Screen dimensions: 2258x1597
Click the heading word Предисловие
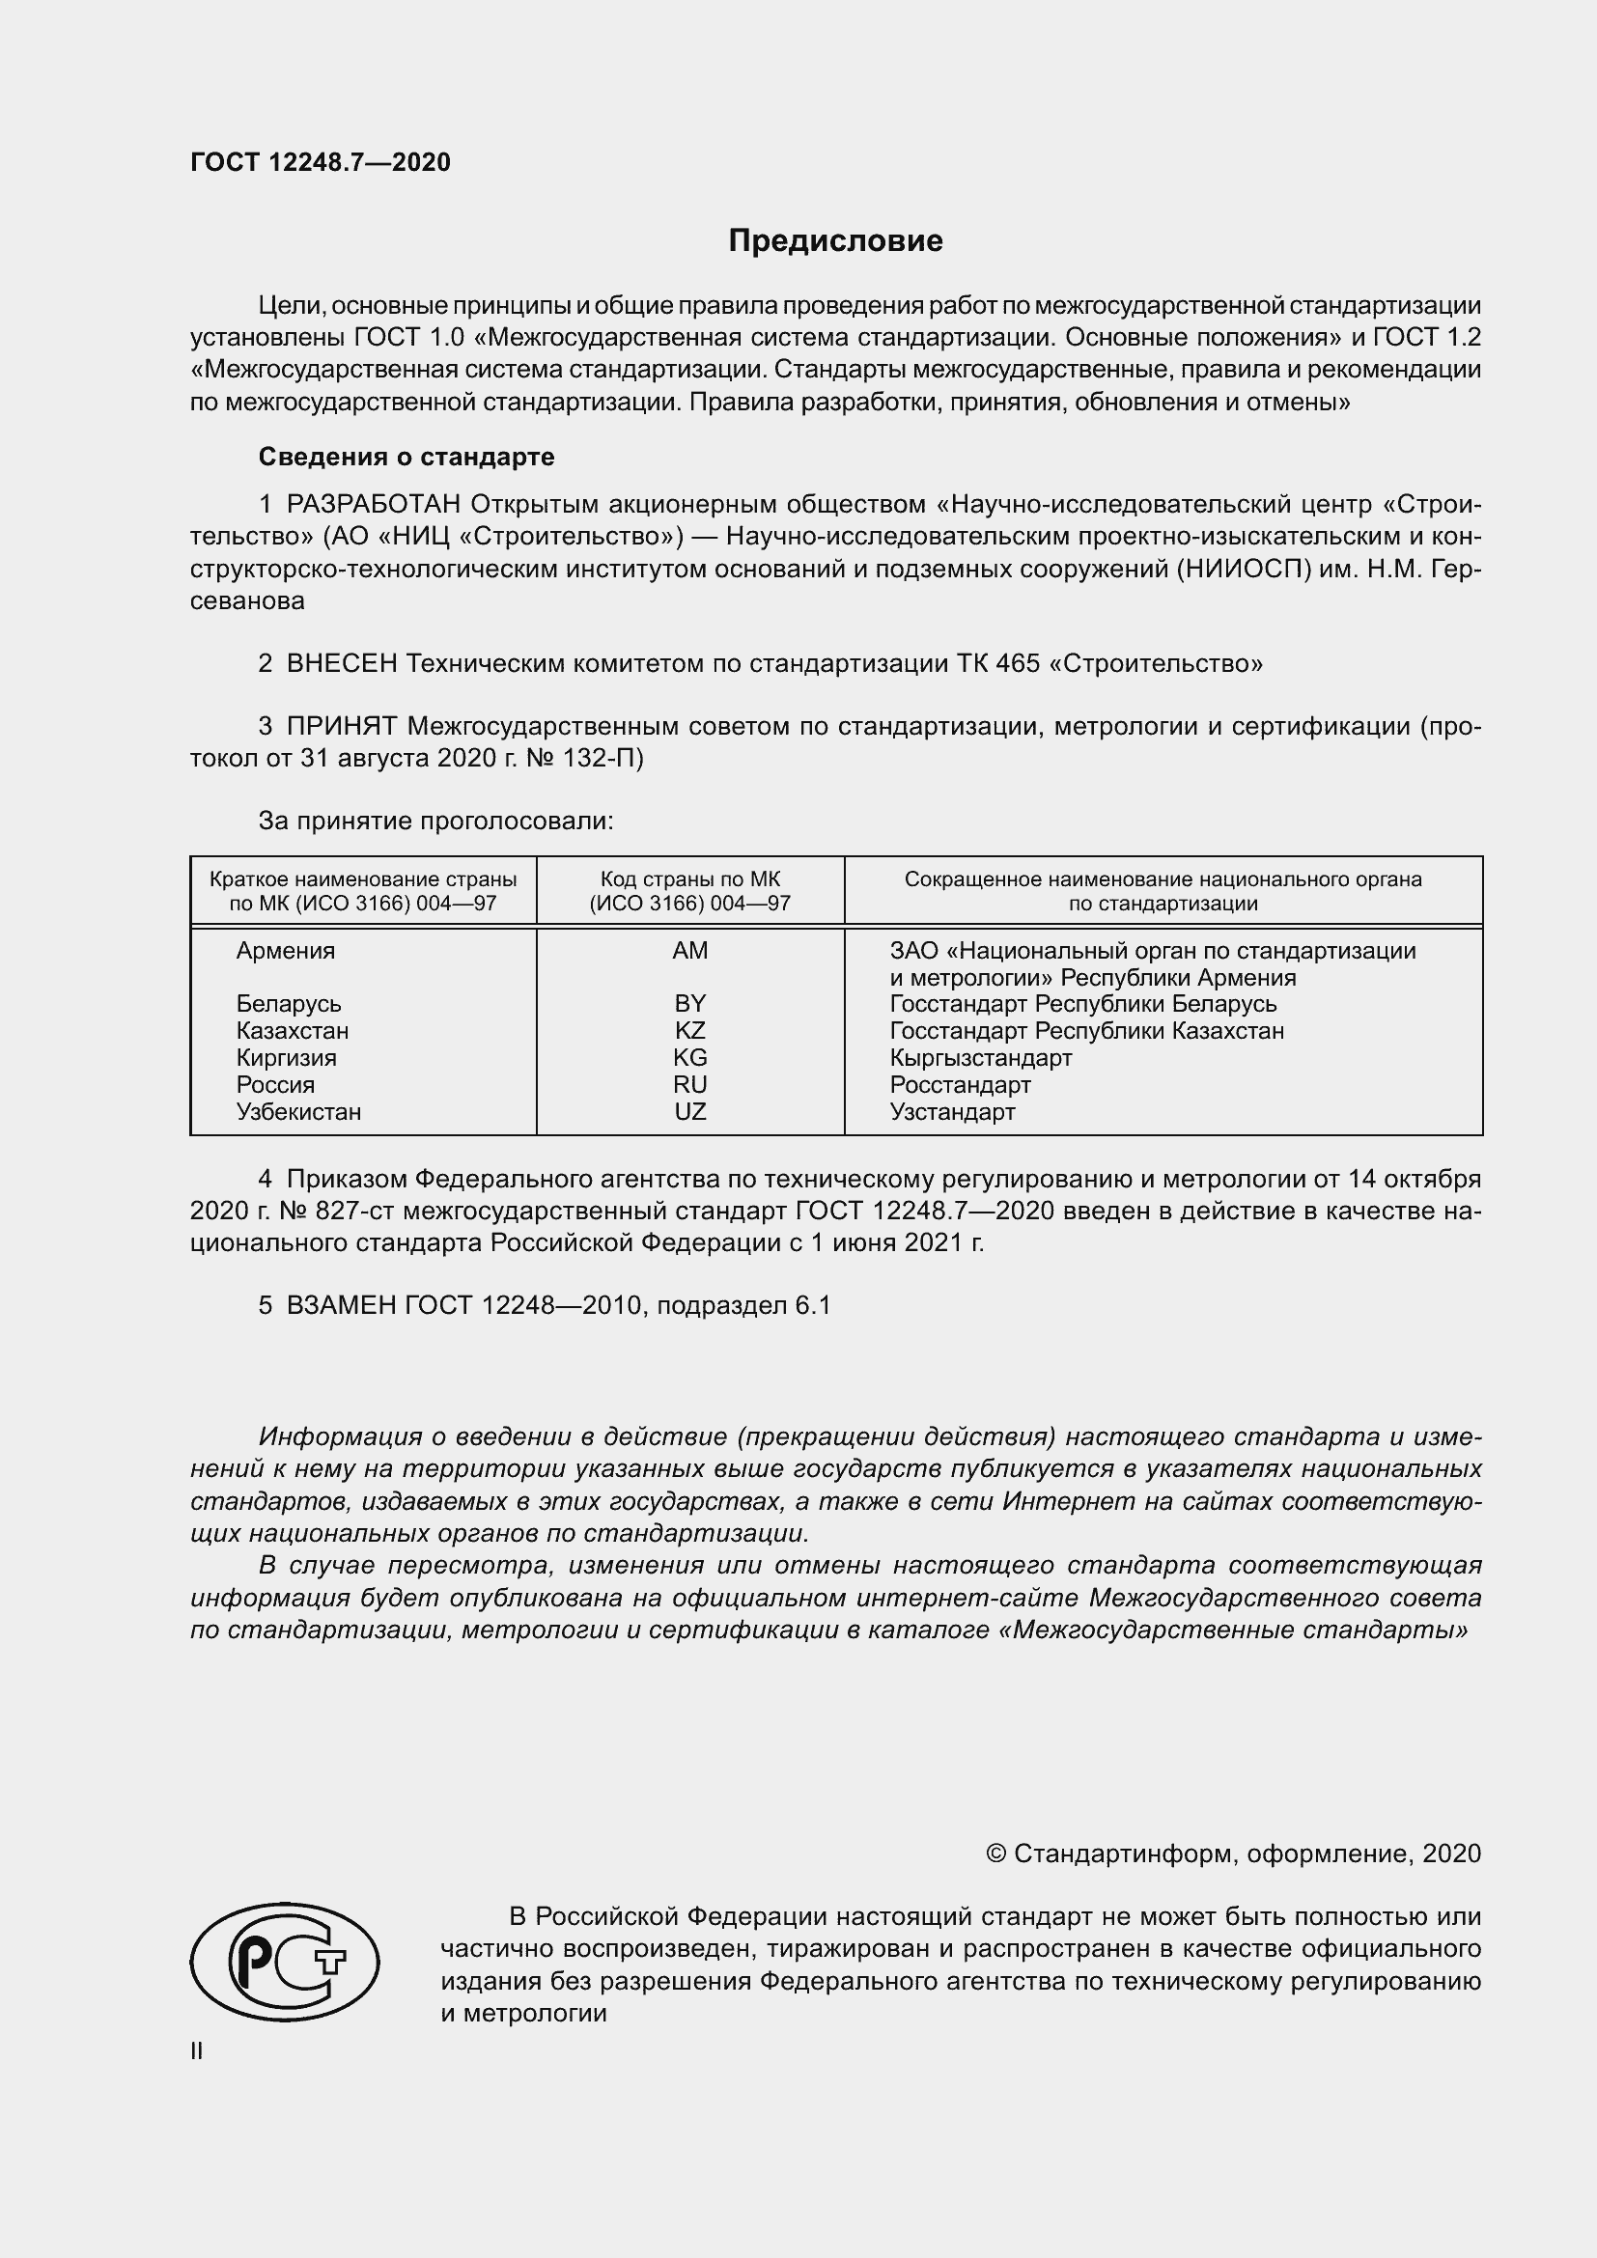coord(835,241)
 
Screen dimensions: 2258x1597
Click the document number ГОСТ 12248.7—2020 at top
coord(321,162)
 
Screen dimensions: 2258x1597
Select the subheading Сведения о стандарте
coord(406,457)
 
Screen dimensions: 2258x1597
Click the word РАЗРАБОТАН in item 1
coord(374,505)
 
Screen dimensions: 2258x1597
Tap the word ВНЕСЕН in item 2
coord(342,664)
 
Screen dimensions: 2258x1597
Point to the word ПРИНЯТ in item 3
coord(342,727)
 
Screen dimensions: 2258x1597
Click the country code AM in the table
coord(689,951)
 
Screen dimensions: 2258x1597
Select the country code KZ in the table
coord(689,1031)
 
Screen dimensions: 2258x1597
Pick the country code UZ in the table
coord(689,1111)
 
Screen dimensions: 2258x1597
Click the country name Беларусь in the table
coord(288,1004)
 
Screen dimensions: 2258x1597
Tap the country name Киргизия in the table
coord(286,1058)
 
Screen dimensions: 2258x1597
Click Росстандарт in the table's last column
coord(960,1085)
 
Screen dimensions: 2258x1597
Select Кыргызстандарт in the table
coord(980,1058)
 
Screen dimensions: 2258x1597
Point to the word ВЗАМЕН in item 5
coord(340,1305)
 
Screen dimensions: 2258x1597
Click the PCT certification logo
coord(284,1962)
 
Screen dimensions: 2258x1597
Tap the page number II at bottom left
coord(197,2051)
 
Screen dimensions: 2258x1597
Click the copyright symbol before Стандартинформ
coord(995,1854)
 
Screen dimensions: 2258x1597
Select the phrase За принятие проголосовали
coord(435,821)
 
